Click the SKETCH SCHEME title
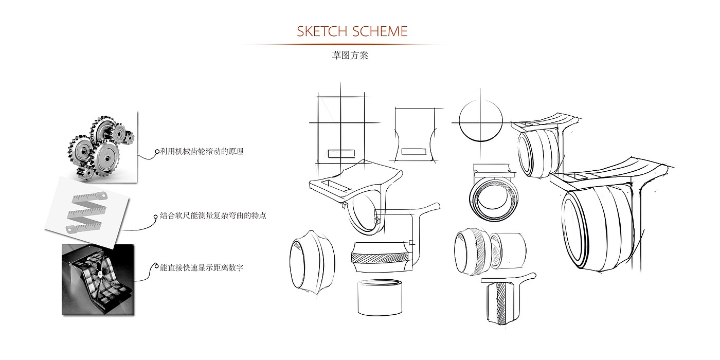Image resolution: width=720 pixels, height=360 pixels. (352, 31)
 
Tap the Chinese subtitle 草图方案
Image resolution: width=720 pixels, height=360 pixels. (350, 56)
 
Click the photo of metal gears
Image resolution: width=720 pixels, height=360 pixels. (100, 146)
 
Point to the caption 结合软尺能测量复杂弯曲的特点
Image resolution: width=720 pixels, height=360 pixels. (213, 216)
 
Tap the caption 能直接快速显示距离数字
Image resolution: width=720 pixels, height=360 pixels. (202, 268)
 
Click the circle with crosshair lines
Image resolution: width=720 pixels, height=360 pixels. (480, 122)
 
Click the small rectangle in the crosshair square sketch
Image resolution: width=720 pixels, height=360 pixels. (341, 153)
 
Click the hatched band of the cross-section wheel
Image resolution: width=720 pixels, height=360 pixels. (380, 256)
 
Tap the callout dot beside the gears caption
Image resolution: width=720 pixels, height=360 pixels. (157, 152)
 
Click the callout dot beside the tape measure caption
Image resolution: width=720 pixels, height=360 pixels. (156, 217)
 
